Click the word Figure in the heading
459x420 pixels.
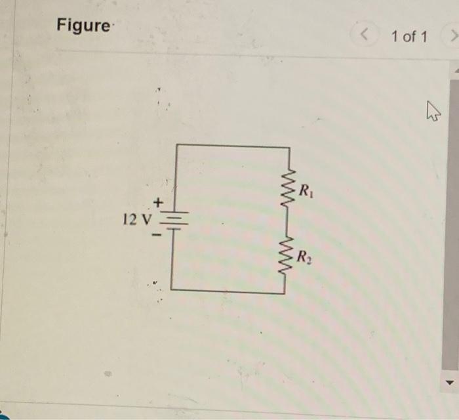(x=83, y=26)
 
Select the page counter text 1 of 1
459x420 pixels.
(x=409, y=37)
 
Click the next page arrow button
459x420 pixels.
(x=450, y=35)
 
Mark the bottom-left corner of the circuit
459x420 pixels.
(x=172, y=289)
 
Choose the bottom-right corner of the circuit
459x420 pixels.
(x=285, y=293)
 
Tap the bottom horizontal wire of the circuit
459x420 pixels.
(x=228, y=291)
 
